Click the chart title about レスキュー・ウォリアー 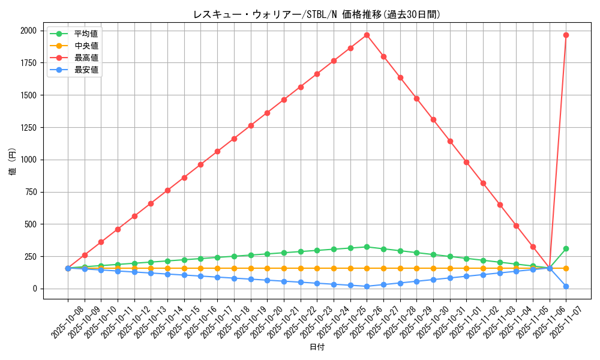(x=317, y=15)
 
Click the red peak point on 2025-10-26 (x=367, y=35)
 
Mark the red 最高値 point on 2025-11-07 (x=566, y=35)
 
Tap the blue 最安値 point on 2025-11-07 (x=566, y=286)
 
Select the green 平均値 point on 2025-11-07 (x=566, y=248)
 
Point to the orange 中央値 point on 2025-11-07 (x=566, y=268)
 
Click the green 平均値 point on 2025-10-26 (x=367, y=247)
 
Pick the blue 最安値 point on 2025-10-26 (x=367, y=286)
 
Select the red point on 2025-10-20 (x=267, y=113)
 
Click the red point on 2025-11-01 (x=466, y=162)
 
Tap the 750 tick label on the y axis (x=31, y=192)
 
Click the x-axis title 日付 (x=317, y=347)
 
